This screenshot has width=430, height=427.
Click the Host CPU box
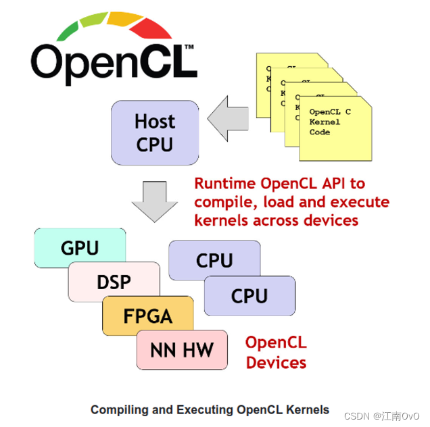point(155,132)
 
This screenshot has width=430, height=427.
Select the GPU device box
point(80,248)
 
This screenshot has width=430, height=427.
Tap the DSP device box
point(114,281)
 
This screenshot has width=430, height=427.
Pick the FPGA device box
point(147,316)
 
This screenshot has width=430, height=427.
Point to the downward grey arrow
point(153,200)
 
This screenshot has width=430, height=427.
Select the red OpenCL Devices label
point(275,352)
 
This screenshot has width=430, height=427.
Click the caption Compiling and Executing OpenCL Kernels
point(210,409)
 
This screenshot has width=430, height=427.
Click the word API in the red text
point(336,184)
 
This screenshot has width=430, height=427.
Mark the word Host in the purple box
point(155,122)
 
